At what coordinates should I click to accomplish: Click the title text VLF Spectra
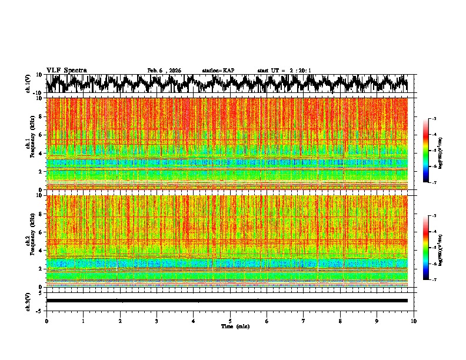point(66,71)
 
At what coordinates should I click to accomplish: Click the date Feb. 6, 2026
point(164,71)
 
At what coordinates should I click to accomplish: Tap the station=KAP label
point(218,71)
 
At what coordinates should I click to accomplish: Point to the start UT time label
point(284,71)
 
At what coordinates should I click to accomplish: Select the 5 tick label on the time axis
point(230,321)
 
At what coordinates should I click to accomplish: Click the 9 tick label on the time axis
point(377,321)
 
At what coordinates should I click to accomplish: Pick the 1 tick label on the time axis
point(83,321)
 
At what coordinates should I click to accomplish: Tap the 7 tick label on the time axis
point(304,321)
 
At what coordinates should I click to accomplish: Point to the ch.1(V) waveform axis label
point(29,84)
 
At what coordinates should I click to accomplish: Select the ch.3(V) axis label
point(29,300)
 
